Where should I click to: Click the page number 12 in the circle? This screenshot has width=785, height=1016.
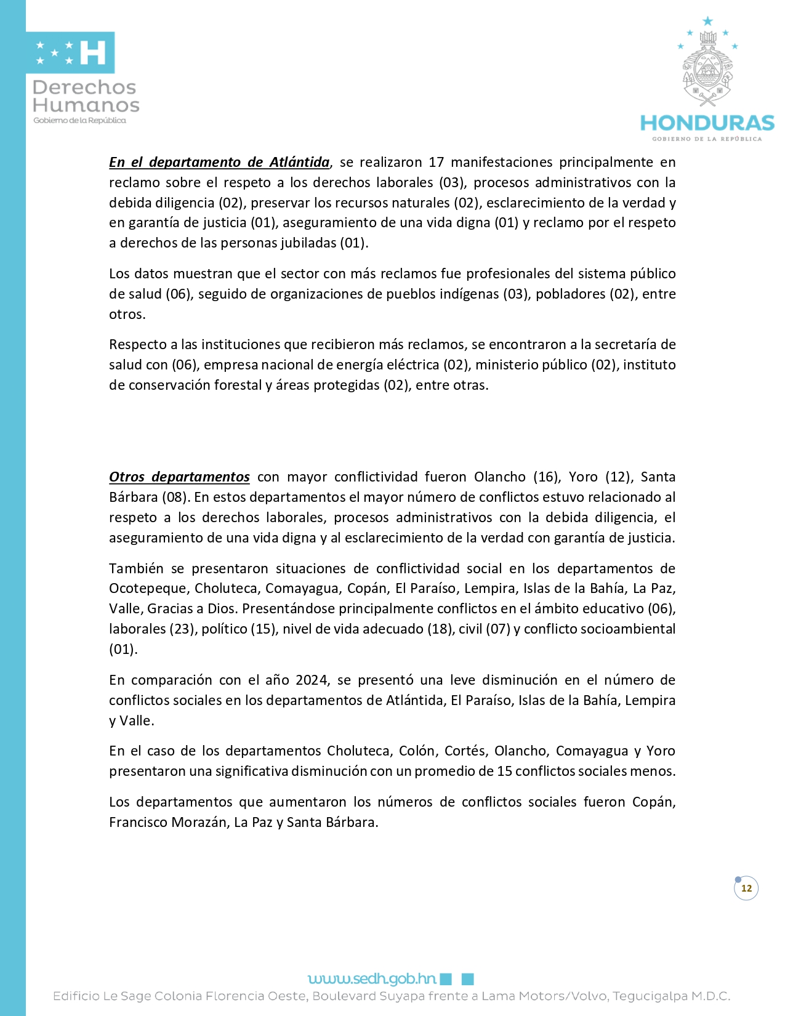[x=746, y=888]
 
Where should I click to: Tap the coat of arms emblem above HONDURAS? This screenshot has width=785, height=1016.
[x=707, y=68]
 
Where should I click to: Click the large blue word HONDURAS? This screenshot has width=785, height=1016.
[x=707, y=123]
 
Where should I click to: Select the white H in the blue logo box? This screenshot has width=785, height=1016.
[x=93, y=53]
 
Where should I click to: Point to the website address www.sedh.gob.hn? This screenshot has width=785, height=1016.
[x=372, y=978]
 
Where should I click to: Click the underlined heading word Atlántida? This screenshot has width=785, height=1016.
[x=299, y=162]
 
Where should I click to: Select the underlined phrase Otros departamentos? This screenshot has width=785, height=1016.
[x=179, y=477]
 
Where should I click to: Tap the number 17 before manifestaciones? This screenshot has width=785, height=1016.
[x=436, y=162]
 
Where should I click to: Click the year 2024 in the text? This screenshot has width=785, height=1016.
[x=312, y=680]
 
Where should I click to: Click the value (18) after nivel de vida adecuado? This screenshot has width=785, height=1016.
[x=440, y=629]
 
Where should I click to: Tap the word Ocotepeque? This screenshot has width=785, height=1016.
[x=148, y=588]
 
